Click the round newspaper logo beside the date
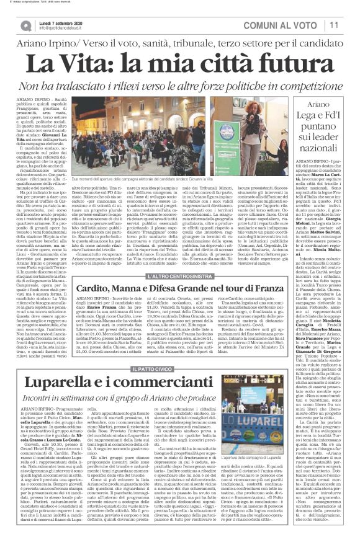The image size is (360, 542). coord(26,24)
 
